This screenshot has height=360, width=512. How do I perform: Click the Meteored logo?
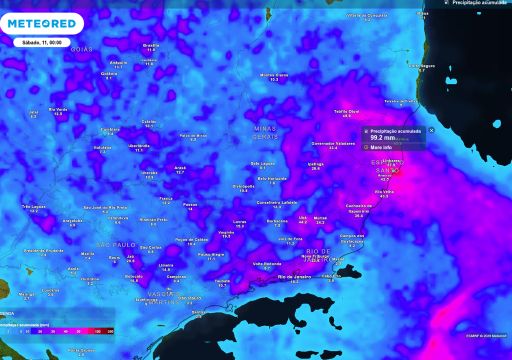42,23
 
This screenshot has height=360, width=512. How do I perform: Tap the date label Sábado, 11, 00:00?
42,42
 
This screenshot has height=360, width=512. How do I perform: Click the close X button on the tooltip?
431,130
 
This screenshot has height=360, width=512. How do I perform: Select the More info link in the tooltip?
380,147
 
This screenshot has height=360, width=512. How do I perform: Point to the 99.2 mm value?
382,137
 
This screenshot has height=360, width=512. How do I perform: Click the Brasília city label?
151,45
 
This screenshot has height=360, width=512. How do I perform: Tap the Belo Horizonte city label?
272,178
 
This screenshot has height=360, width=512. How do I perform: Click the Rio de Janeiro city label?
294,277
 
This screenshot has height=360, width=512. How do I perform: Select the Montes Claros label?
274,75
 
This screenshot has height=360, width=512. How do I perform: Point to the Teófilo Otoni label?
346,111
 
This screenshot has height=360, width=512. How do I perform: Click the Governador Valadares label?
333,143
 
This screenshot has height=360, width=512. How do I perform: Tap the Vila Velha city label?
384,192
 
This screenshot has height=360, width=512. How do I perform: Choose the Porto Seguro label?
421,66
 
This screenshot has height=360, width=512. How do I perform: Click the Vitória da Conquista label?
367,15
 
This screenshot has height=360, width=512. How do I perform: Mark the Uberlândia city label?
139,146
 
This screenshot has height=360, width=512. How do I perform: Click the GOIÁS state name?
82,49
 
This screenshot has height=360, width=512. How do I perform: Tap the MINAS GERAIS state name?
264,132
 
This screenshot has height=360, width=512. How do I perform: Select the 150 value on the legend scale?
98,331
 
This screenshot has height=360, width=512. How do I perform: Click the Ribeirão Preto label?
153,220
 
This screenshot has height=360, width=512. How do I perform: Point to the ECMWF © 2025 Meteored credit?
486,335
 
